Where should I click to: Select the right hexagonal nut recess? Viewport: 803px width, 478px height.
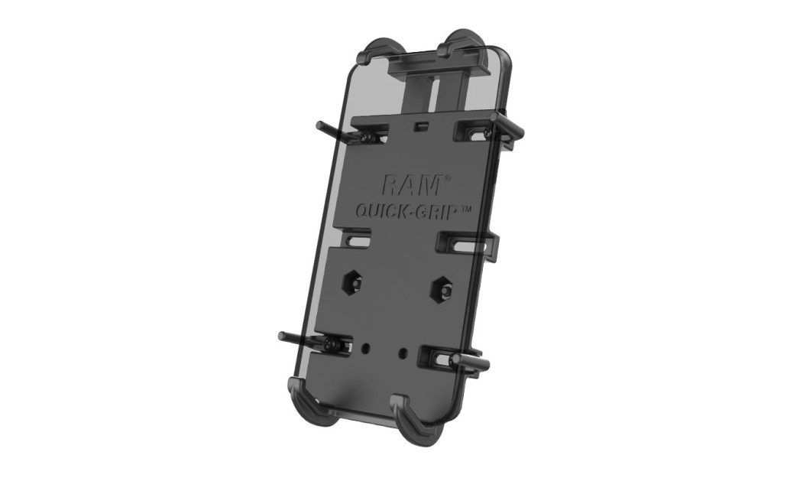pyautogui.click(x=441, y=288)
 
